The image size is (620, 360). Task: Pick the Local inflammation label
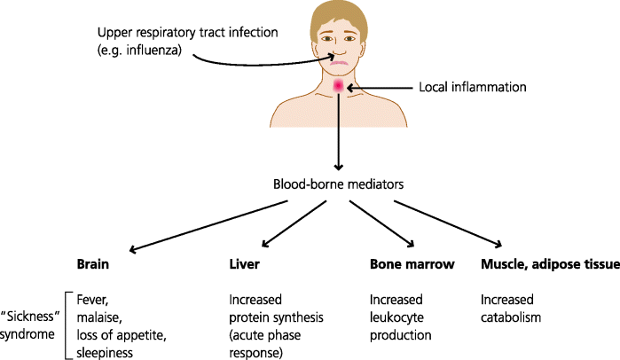point(472,88)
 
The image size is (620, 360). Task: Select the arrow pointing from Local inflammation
point(381,88)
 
